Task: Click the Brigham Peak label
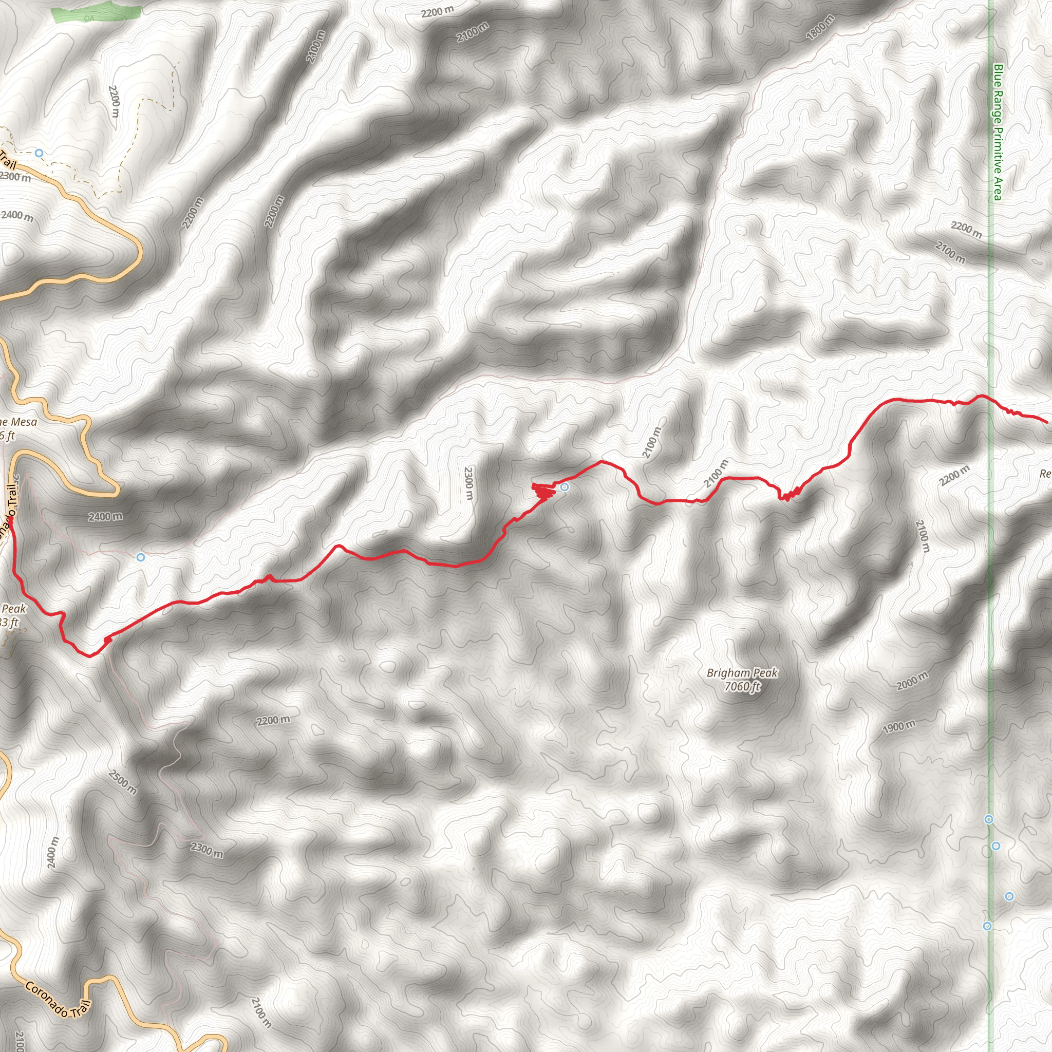pos(742,673)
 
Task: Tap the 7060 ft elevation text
pos(742,687)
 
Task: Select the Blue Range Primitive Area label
pos(998,132)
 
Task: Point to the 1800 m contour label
pos(819,27)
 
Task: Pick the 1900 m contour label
pos(899,726)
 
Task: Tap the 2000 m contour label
pos(912,681)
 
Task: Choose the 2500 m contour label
pos(123,782)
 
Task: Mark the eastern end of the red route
pos(1046,421)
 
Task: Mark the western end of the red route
pos(10,519)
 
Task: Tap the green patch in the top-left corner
pos(96,14)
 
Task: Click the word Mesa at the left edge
pos(24,421)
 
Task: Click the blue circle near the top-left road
pos(39,154)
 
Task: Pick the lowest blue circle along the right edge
pos(987,926)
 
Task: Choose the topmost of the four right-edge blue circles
pos(989,819)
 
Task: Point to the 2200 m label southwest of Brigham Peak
pos(273,720)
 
